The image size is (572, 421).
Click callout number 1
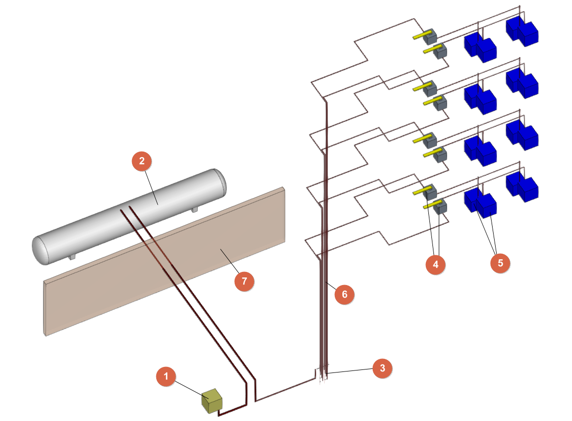pos(166,377)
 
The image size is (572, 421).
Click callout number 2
pos(142,161)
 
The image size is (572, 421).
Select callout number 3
pos(382,368)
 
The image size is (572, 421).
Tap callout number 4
pos(435,264)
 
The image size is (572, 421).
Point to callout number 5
pos(500,263)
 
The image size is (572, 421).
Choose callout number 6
pos(345,294)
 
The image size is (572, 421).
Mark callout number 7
pos(244,281)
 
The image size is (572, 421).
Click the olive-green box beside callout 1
pos(212,401)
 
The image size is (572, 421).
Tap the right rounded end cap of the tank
pos(221,182)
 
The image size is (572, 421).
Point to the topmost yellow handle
pos(419,36)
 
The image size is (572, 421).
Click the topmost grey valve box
pos(430,36)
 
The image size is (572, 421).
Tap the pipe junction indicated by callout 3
pos(322,373)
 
